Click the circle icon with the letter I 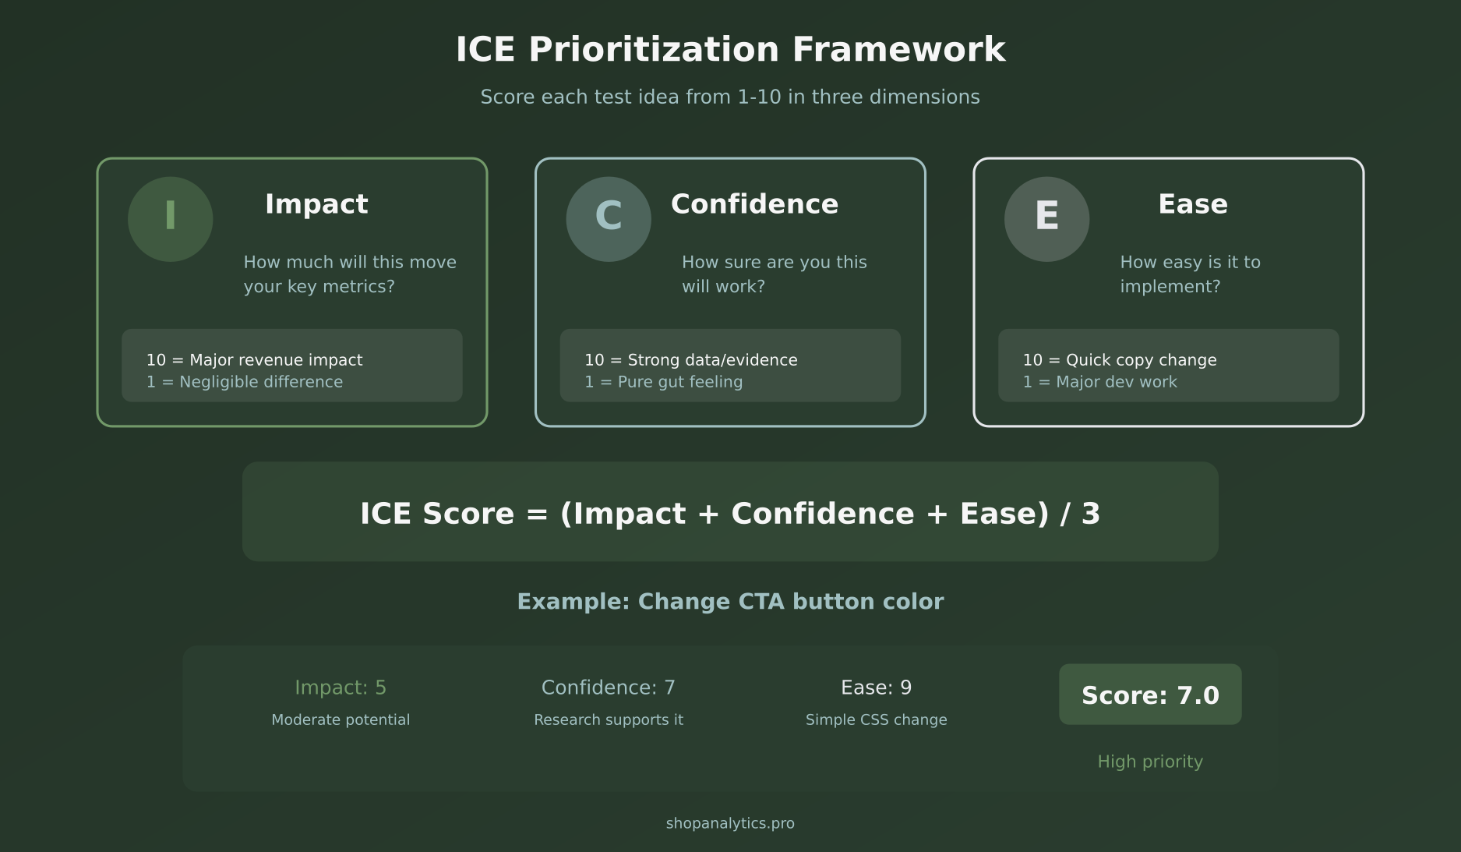tap(170, 219)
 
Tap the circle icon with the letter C tap(608, 219)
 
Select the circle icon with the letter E tap(1046, 219)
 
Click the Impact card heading tap(316, 204)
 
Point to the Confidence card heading tap(754, 204)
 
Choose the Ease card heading tap(1192, 204)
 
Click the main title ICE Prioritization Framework tap(730, 50)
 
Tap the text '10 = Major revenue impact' tap(254, 360)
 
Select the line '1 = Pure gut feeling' tap(663, 382)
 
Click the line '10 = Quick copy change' tap(1119, 360)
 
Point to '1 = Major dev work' tap(1099, 382)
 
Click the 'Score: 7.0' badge tap(1149, 695)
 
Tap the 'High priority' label tap(1149, 762)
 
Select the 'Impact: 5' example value tap(341, 688)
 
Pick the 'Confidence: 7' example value tap(608, 688)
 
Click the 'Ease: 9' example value tap(876, 688)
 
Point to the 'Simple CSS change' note tap(876, 719)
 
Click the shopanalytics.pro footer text tap(730, 823)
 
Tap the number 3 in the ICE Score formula tap(1090, 514)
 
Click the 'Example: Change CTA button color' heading tap(730, 602)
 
